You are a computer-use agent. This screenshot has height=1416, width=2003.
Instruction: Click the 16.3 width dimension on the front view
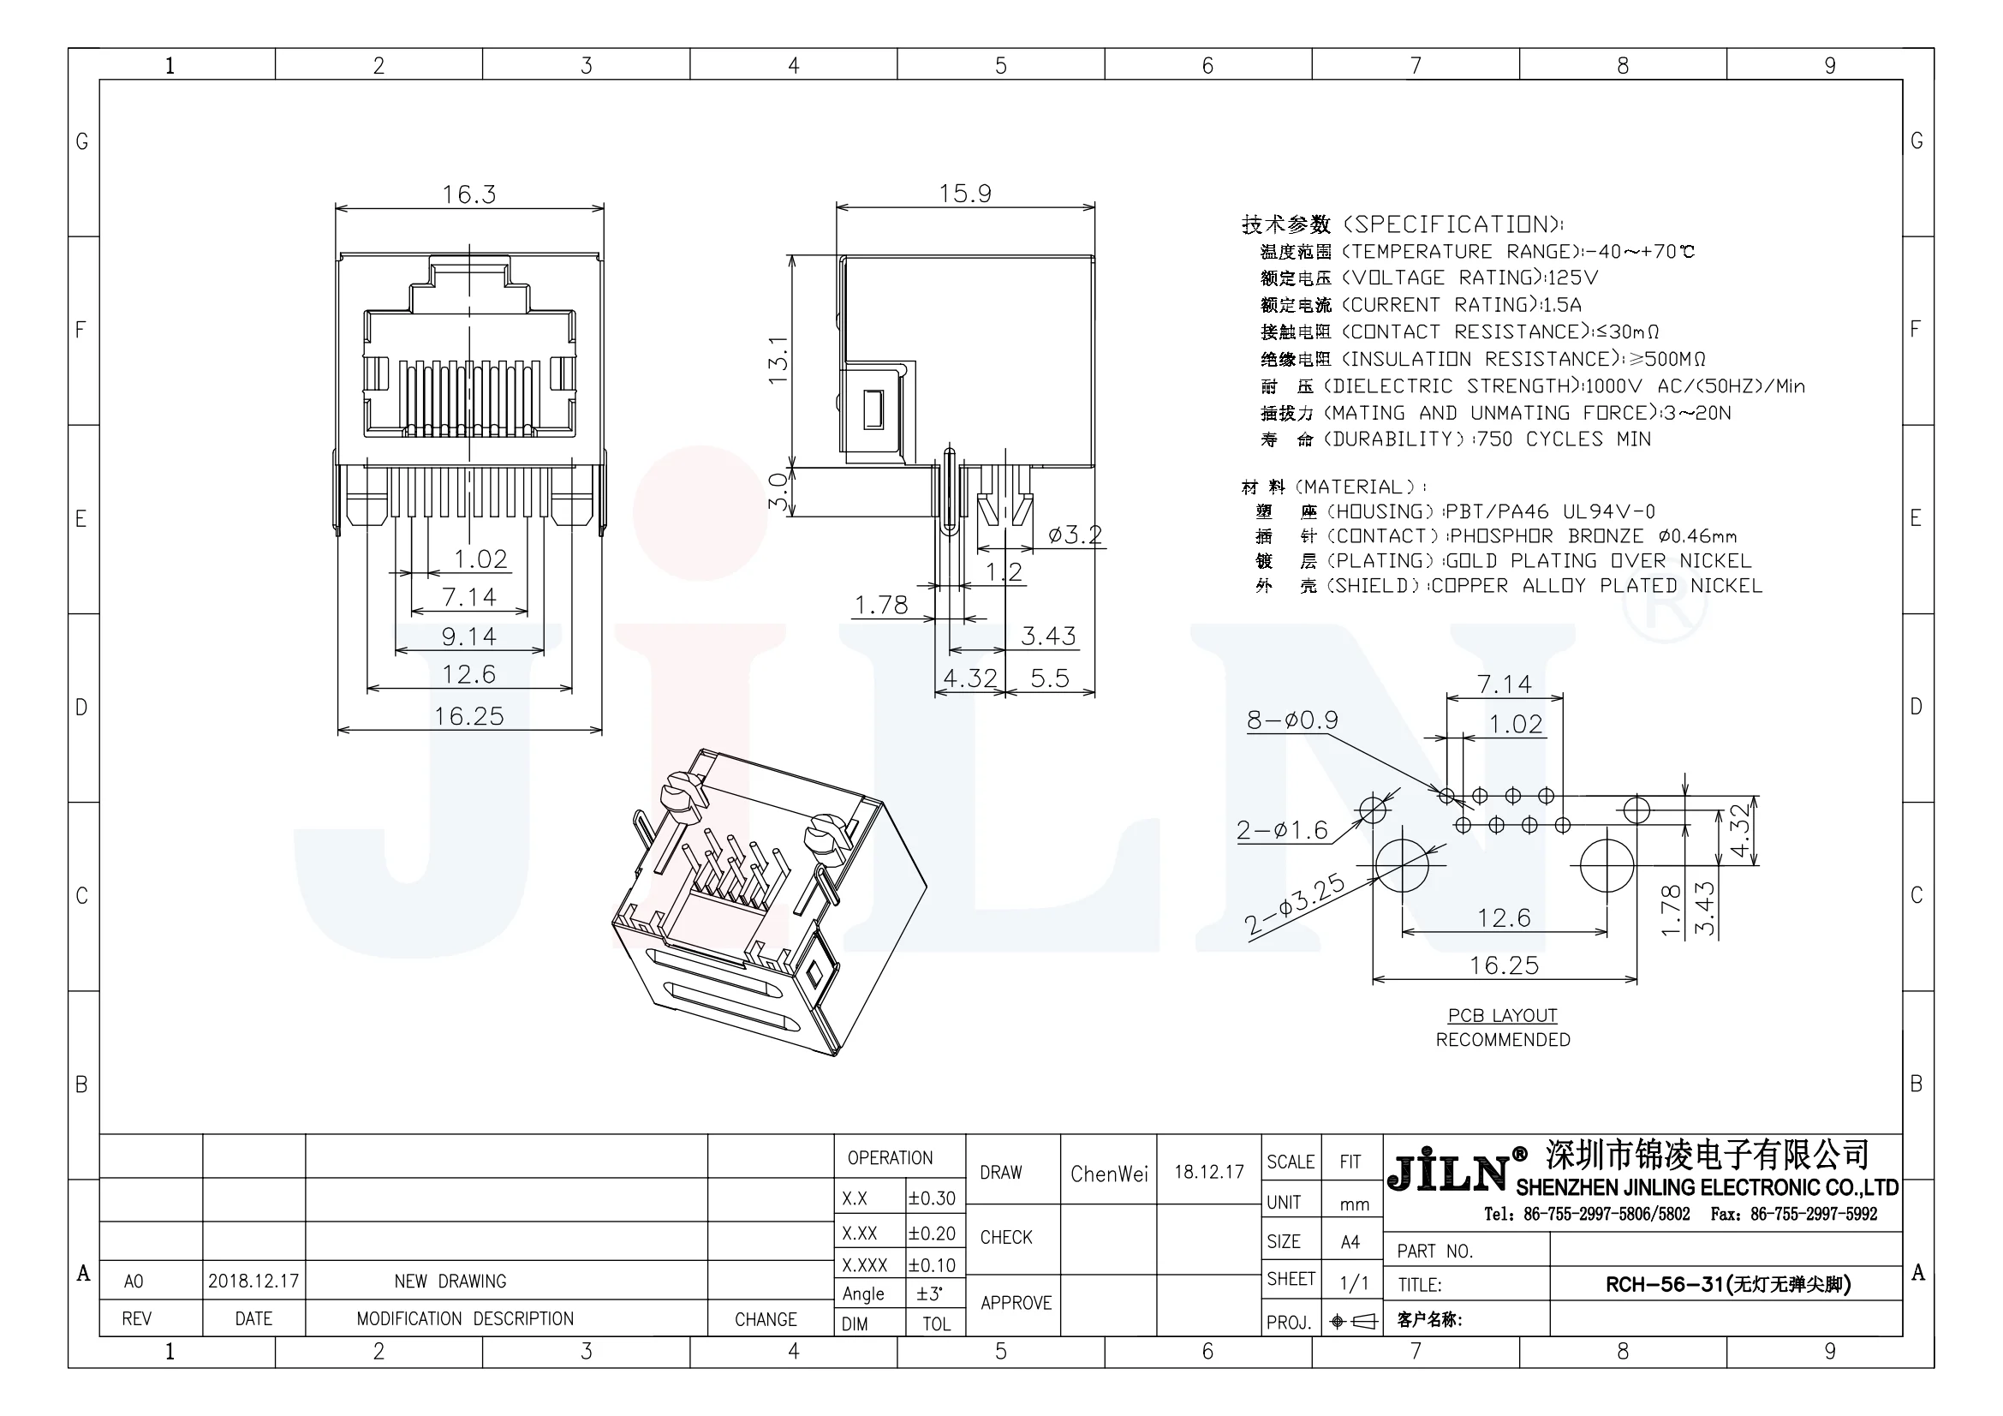coord(468,194)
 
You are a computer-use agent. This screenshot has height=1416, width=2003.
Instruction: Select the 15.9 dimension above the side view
coord(964,193)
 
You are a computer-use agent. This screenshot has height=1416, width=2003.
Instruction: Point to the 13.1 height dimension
coord(778,360)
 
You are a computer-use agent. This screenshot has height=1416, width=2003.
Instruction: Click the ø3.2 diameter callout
coord(1075,534)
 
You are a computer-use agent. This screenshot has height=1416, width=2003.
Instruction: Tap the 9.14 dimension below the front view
coord(468,636)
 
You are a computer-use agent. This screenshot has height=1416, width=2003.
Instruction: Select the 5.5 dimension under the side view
coord(1050,678)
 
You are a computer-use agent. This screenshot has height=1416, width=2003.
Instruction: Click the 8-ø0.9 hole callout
coord(1292,720)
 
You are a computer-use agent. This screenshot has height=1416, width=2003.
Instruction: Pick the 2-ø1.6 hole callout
coord(1282,830)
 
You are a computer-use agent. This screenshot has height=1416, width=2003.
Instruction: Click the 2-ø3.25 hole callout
coord(1295,906)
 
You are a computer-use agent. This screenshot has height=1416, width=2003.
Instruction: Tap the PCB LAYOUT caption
coord(1502,1016)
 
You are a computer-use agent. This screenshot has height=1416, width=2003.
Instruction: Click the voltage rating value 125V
coord(1573,278)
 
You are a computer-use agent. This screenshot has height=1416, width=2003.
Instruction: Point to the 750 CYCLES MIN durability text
coord(1564,439)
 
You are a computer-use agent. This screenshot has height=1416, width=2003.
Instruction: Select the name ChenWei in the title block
coord(1109,1174)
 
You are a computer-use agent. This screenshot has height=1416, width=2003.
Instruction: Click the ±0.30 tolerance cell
coord(932,1198)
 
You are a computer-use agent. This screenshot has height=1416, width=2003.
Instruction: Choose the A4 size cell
coord(1350,1241)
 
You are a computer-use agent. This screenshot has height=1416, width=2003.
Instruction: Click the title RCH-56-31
coord(1726,1283)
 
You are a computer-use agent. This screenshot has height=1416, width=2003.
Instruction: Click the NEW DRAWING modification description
coord(450,1281)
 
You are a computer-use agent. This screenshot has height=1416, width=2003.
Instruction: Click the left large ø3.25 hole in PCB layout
coord(1402,865)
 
